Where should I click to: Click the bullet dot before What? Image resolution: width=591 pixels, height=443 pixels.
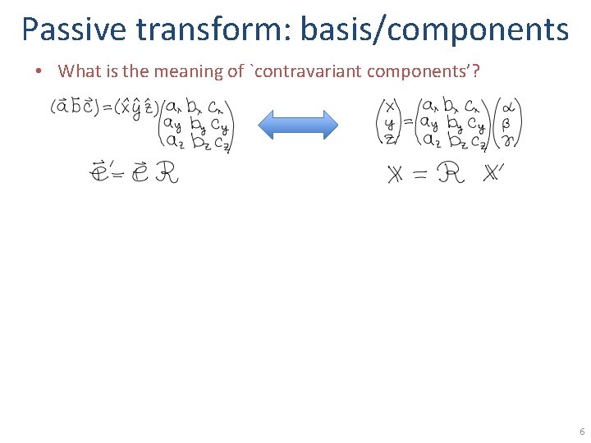39,71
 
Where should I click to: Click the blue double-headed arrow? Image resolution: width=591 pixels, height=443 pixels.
298,125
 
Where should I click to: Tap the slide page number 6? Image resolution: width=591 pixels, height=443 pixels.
581,432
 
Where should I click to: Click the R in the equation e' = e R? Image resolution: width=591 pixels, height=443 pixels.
167,173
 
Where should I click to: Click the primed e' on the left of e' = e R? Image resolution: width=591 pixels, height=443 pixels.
98,173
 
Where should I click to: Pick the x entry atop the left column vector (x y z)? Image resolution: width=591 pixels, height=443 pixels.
388,107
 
